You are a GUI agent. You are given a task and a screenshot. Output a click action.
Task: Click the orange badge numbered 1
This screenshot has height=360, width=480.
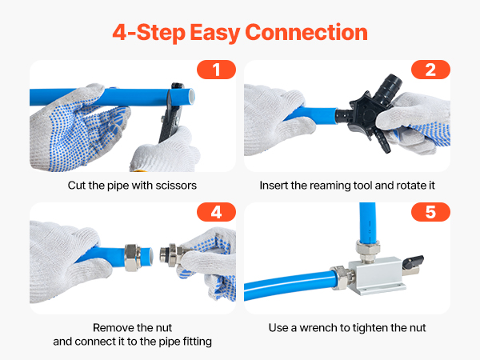click(x=216, y=70)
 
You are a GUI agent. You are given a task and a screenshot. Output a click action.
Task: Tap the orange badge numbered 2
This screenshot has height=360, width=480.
click(x=430, y=70)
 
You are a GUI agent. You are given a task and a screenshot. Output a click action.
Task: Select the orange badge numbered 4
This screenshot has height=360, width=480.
click(x=216, y=212)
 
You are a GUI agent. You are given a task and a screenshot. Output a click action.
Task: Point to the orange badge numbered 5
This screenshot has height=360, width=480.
click(x=430, y=212)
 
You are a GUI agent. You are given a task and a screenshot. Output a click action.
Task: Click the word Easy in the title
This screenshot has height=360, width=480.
click(x=214, y=33)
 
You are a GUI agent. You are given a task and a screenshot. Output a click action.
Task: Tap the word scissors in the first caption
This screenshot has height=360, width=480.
click(x=176, y=186)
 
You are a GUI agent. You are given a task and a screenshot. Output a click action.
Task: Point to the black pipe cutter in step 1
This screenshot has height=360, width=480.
click(x=171, y=113)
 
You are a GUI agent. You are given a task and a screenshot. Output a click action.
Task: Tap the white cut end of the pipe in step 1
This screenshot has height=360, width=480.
click(x=192, y=96)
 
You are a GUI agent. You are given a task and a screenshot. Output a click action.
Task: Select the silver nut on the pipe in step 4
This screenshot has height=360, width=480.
click(x=133, y=258)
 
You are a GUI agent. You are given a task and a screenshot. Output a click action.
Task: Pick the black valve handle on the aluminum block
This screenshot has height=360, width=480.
click(x=414, y=262)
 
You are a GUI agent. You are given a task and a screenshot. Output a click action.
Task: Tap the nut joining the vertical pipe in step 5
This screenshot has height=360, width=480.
click(x=368, y=251)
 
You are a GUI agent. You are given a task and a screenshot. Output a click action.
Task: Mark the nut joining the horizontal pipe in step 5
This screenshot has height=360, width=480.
click(x=342, y=278)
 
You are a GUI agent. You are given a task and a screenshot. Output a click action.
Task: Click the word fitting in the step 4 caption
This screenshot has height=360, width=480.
click(x=198, y=342)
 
